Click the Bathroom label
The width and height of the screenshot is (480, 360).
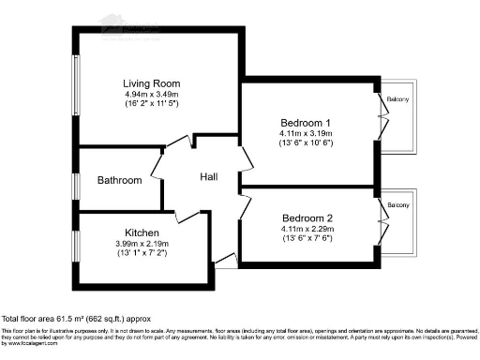[x=120, y=180]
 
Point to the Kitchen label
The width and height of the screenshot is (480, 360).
[x=142, y=232]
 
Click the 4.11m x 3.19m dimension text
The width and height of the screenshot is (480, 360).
[x=307, y=133]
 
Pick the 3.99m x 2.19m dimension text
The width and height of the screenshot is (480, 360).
[x=142, y=244]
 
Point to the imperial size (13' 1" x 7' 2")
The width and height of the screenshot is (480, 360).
[x=142, y=254]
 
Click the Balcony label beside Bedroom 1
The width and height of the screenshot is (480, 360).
[x=399, y=98]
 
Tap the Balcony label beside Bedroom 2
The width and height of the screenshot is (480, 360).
[x=399, y=204]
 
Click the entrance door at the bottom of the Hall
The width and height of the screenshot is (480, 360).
[x=225, y=262]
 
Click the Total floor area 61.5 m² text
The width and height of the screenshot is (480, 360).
[x=76, y=319]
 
